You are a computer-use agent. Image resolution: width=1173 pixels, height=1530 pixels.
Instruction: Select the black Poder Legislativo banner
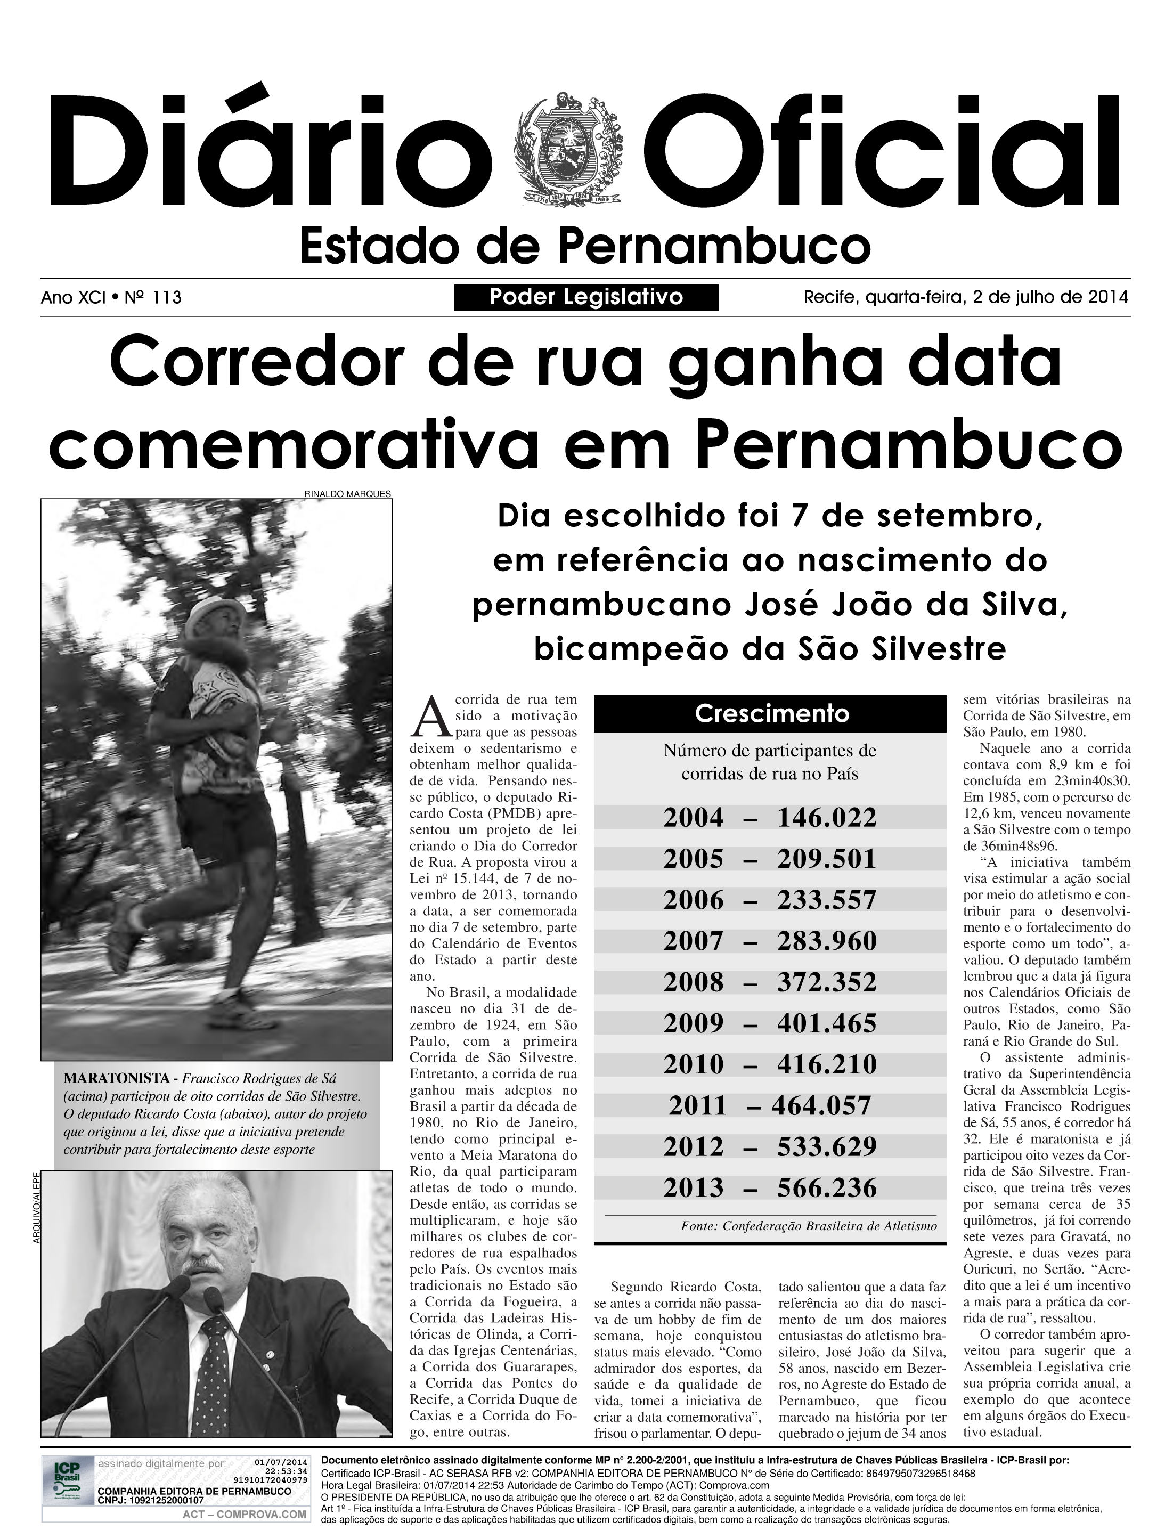(586, 297)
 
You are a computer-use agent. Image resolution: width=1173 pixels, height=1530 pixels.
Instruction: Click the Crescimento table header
(771, 714)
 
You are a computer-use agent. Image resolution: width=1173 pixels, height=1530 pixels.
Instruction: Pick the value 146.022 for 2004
(827, 817)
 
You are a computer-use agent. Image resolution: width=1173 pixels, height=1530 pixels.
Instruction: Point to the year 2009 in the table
(694, 1024)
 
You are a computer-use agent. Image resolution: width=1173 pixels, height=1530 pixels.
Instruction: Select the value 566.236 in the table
(827, 1188)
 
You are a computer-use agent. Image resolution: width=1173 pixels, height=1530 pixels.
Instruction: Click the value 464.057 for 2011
(822, 1105)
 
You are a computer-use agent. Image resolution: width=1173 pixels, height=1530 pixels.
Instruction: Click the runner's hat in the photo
(218, 613)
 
